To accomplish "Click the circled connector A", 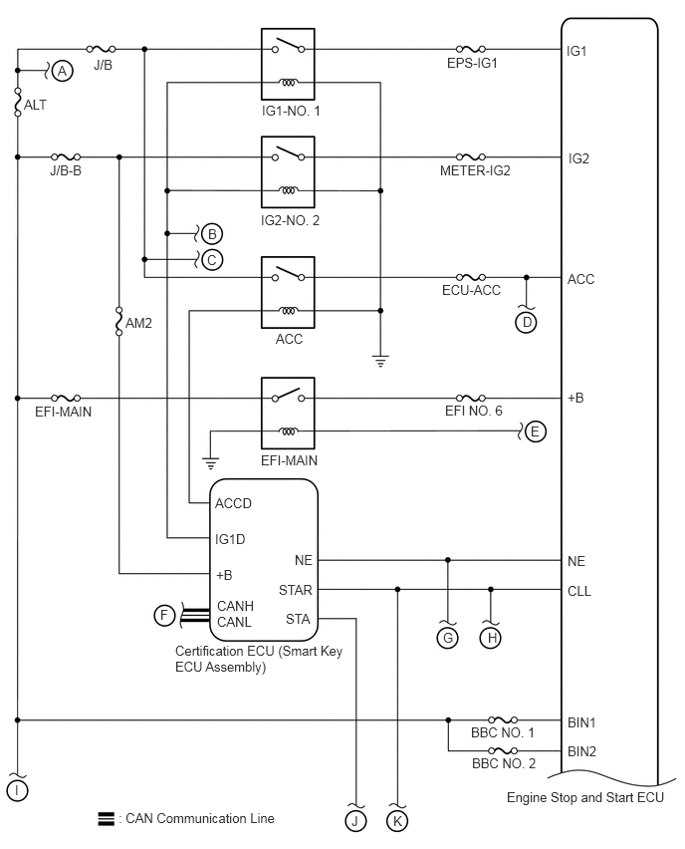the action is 63,71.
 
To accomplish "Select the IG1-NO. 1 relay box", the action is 288,64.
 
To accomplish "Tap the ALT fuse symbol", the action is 17,103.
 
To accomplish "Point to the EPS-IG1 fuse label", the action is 472,64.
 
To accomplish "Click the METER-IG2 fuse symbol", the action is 471,157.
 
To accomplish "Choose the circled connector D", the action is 526,323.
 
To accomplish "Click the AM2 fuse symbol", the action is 119,321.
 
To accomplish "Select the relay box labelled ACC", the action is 288,292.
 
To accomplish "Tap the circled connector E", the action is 535,431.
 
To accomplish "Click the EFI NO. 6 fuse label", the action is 474,411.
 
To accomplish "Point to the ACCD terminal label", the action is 233,503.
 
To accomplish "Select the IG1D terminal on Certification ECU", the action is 230,539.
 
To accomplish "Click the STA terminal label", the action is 298,619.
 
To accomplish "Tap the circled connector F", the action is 164,615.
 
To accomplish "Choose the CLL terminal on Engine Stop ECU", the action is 578,591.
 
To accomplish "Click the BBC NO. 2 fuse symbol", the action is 503,750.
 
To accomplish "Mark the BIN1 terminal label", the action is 581,722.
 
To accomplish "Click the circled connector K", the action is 397,821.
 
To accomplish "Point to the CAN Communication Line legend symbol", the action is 107,819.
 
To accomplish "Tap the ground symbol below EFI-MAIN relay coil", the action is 210,463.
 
